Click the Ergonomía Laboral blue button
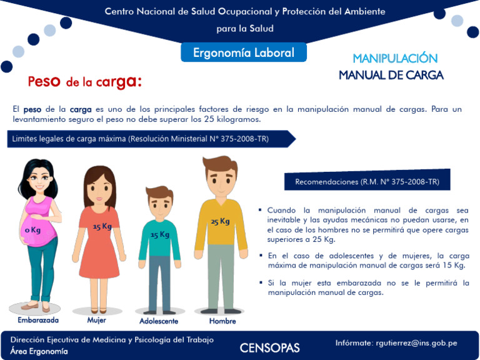tap(244, 52)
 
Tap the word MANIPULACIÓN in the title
tap(394, 59)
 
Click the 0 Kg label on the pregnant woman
tap(32, 230)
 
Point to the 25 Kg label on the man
tap(219, 221)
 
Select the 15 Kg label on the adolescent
tap(159, 235)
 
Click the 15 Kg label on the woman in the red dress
tap(102, 226)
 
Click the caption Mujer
tap(97, 320)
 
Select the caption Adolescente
tap(159, 321)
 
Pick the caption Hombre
tap(222, 321)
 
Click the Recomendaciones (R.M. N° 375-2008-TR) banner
tap(367, 182)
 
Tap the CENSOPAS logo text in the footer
tap(269, 348)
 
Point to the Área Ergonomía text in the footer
tap(39, 351)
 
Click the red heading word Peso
tap(44, 81)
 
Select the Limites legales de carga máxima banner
tap(141, 139)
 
